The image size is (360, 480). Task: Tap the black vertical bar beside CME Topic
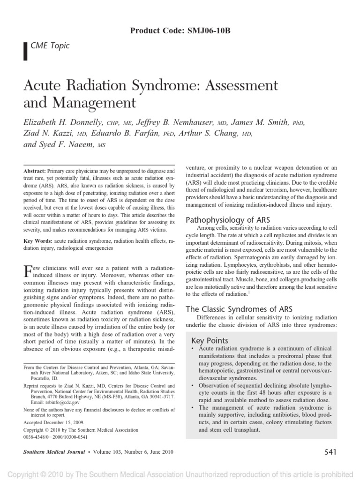(24, 48)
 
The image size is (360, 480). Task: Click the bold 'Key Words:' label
(38, 240)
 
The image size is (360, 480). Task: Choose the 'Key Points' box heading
(210, 340)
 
